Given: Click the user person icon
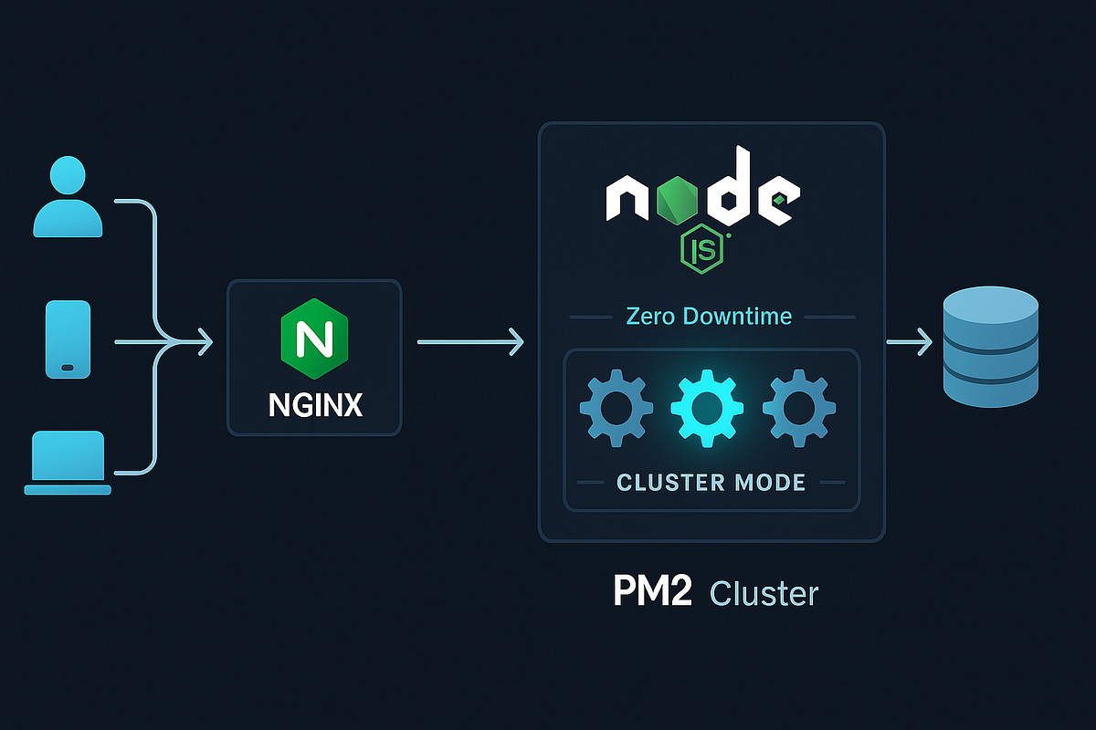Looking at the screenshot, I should [68, 198].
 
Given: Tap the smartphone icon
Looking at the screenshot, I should [68, 338].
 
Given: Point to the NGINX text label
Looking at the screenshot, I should [315, 404].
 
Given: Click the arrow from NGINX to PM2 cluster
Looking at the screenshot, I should [470, 342].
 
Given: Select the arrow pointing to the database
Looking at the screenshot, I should [909, 343].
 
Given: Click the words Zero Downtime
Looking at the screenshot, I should [709, 317].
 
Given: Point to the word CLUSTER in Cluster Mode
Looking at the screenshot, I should [668, 481].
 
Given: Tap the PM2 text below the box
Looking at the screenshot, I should [650, 592].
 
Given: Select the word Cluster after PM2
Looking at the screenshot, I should [764, 592].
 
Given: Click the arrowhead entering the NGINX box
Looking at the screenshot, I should [205, 343].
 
